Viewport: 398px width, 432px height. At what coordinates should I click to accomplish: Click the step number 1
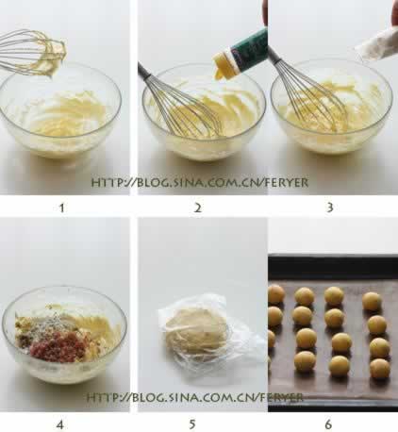coord(62,208)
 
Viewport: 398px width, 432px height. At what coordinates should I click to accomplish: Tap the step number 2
coord(197,208)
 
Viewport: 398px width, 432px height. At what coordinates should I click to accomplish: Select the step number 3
coord(330,208)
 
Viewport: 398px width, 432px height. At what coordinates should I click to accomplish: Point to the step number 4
coord(59,425)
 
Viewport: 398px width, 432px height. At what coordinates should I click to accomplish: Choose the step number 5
coord(192,424)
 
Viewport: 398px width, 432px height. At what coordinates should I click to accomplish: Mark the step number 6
coord(328,424)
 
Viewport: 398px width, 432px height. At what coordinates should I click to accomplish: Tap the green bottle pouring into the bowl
coord(248,47)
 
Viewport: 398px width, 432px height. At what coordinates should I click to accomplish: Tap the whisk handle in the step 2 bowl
coord(147,74)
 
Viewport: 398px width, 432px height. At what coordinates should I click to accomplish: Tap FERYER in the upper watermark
coord(286,183)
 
